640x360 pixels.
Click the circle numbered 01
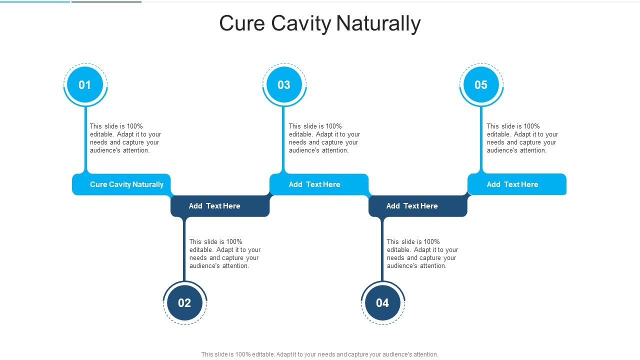coord(85,85)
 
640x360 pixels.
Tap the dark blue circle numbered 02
coord(184,302)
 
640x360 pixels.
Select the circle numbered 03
coord(284,85)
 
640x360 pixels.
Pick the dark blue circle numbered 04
coord(382,302)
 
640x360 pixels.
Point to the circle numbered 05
coord(481,85)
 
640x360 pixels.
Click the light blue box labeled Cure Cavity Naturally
coord(122,184)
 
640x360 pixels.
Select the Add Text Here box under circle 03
coord(319,184)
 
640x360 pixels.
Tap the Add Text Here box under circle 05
coord(517,184)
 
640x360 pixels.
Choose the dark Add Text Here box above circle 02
coord(220,206)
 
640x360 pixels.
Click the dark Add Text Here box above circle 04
coord(417,206)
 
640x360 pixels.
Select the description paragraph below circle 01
coord(125,138)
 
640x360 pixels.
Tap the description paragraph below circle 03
coord(324,138)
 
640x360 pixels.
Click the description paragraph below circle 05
coord(522,138)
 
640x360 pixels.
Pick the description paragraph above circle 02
coord(225,254)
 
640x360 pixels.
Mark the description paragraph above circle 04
coord(422,254)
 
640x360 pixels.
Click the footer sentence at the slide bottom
coord(320,354)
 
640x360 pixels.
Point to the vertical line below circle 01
coord(85,140)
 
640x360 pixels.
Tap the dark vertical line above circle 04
coord(382,250)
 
